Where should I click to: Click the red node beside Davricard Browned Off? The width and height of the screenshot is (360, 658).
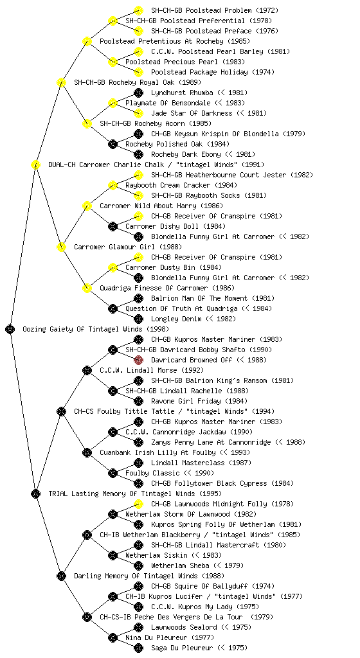(138, 360)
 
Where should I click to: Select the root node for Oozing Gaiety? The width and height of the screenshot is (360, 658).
(10, 329)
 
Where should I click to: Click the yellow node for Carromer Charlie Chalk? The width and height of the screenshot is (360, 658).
(35, 164)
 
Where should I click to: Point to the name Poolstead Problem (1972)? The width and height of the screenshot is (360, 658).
(215, 10)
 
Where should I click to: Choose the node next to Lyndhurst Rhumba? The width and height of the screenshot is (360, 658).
(138, 93)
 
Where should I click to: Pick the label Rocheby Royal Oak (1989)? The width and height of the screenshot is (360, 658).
(137, 82)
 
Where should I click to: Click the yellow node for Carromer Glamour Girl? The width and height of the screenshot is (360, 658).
(61, 247)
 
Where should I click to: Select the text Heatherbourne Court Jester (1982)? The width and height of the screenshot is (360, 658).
(232, 175)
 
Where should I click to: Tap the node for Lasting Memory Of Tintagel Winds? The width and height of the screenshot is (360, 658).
(35, 493)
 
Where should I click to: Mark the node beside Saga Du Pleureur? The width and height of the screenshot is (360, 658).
(138, 648)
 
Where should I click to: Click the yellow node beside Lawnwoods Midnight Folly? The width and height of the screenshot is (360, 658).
(138, 504)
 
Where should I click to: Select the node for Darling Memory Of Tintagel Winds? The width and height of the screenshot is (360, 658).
(61, 576)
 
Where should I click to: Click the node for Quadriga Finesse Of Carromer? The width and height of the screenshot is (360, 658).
(87, 288)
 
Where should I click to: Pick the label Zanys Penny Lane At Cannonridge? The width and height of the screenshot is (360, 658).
(228, 442)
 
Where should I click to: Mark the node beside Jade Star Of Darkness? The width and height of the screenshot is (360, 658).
(138, 113)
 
